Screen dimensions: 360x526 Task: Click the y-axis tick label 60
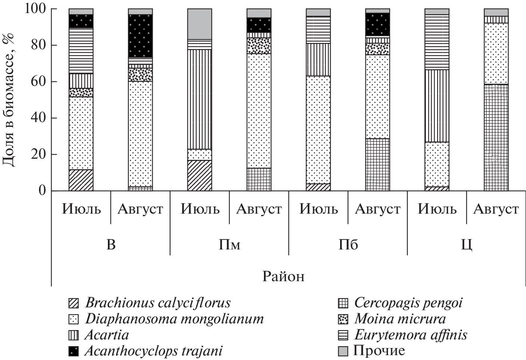coord(37,82)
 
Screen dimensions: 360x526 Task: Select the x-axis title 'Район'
coord(283,276)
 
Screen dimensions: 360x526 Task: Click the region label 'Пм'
coord(229,245)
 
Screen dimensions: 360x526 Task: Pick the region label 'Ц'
coord(467,245)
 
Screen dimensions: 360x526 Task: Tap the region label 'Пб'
coord(348,245)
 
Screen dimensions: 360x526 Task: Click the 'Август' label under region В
coord(140,209)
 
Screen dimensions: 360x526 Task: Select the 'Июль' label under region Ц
coord(437,209)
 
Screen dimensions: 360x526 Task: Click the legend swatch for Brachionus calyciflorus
coord(74,303)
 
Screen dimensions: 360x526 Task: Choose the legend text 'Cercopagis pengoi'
coord(408,303)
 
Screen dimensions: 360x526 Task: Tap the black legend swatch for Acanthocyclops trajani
coord(74,351)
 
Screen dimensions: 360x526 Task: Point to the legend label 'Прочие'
coord(379,351)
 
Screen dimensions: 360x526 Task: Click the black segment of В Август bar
coord(140,36)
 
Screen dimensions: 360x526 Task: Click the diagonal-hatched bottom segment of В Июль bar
coord(81,180)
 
